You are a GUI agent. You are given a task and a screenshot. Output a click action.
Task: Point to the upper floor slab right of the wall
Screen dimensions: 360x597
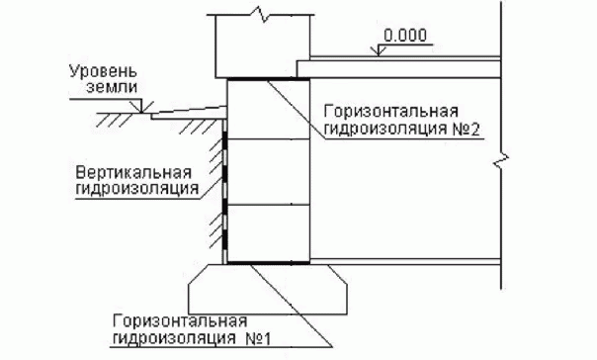[405, 65]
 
